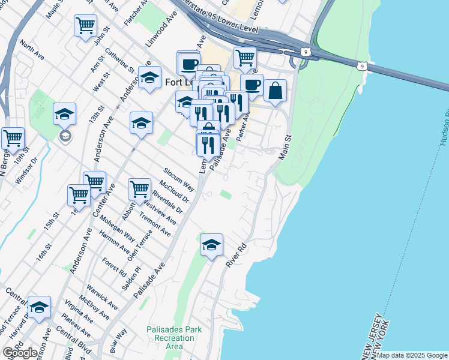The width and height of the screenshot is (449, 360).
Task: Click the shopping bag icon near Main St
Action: point(275,91)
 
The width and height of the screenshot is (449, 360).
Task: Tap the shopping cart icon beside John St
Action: point(85,26)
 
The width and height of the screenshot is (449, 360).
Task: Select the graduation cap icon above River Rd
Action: point(211,245)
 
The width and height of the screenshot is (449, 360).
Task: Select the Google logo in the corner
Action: point(20,352)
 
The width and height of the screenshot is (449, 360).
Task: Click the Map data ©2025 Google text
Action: point(412,355)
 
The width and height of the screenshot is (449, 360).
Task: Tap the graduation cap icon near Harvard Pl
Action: point(39,307)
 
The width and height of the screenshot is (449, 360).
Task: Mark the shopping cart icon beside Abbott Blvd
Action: point(139,189)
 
